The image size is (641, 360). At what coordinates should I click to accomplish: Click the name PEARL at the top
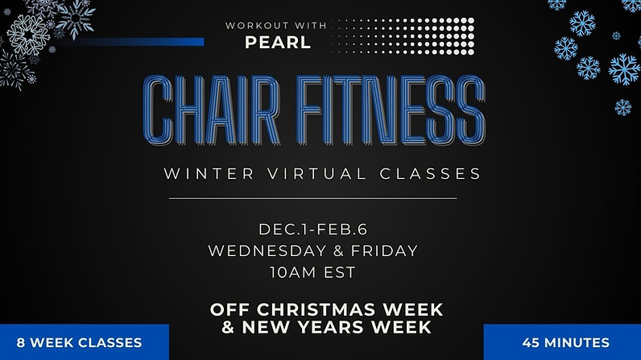(278, 42)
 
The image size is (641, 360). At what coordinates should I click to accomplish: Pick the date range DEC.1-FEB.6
(313, 229)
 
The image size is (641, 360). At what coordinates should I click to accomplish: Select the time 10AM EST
(313, 272)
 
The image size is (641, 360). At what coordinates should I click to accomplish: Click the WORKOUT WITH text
(276, 26)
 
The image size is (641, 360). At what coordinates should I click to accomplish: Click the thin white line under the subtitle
(313, 197)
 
